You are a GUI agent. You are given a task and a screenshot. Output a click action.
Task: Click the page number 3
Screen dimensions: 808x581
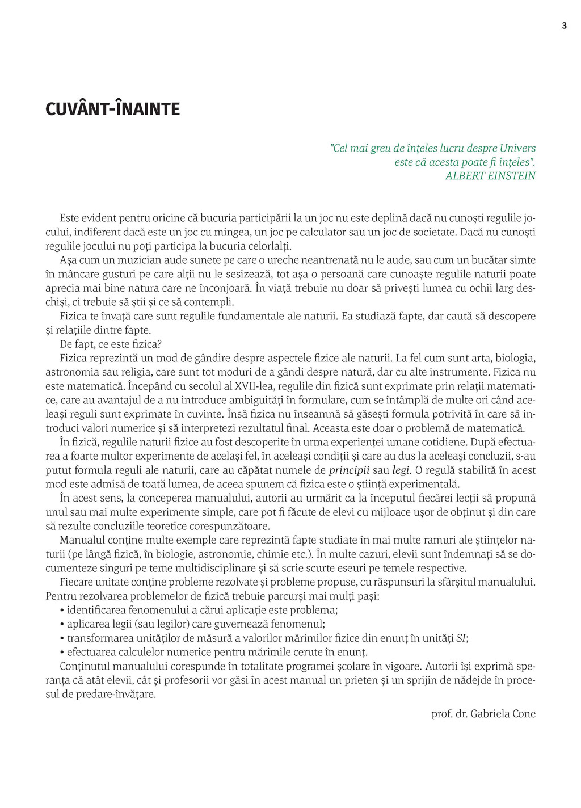click(564, 26)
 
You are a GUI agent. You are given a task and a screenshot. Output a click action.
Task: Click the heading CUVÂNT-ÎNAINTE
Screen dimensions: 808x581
click(112, 109)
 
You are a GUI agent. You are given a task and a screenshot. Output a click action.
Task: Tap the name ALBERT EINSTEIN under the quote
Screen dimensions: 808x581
click(490, 176)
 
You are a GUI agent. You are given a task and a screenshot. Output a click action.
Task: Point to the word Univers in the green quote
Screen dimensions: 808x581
click(517, 148)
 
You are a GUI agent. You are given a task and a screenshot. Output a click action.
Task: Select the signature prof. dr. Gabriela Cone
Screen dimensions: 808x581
click(483, 714)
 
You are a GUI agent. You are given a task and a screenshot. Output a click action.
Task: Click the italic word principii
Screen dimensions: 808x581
click(349, 470)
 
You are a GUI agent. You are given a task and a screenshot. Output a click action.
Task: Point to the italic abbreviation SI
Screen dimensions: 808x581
click(462, 638)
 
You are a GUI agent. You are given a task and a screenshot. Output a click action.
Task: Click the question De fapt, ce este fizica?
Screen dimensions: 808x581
click(111, 344)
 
